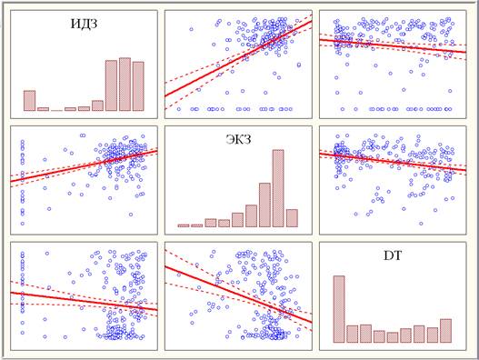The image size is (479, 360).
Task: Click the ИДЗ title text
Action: click(84, 24)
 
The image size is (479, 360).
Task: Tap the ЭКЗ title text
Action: click(238, 139)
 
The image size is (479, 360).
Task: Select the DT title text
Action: click(393, 255)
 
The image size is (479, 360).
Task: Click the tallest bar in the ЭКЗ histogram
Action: click(278, 188)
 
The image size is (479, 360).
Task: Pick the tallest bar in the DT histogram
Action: click(339, 309)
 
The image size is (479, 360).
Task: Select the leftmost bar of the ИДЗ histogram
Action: click(30, 101)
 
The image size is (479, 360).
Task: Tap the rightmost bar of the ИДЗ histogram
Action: click(138, 86)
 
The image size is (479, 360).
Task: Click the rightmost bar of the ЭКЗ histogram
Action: click(292, 218)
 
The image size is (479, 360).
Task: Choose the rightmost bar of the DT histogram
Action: click(445, 331)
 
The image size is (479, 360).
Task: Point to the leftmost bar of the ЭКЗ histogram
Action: click(184, 225)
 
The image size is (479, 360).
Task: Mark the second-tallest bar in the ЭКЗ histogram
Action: click(264, 205)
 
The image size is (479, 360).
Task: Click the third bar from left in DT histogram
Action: click(365, 334)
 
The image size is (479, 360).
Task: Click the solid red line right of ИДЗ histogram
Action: click(238, 59)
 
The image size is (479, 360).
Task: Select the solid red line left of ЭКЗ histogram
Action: click(84, 166)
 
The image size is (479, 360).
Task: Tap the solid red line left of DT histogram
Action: click(238, 295)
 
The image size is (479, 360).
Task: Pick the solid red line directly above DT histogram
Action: click(393, 161)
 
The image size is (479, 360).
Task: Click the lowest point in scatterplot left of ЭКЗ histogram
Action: click(23, 224)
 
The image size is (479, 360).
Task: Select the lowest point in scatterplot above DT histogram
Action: click(421, 224)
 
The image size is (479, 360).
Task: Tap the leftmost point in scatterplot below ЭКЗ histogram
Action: click(179, 275)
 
